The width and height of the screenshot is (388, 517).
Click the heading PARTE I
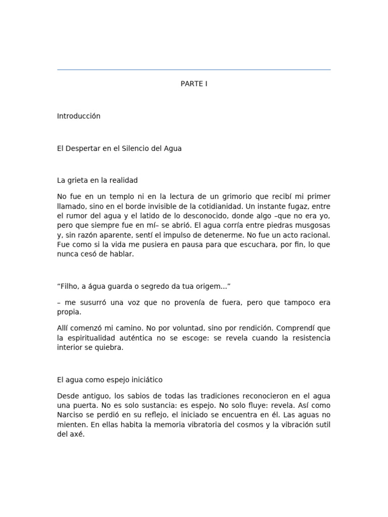[194, 84]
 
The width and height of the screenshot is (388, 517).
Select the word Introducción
[79, 116]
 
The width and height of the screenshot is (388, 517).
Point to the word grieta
[76, 180]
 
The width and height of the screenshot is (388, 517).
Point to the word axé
[78, 434]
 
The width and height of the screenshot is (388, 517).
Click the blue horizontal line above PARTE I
[194, 70]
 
